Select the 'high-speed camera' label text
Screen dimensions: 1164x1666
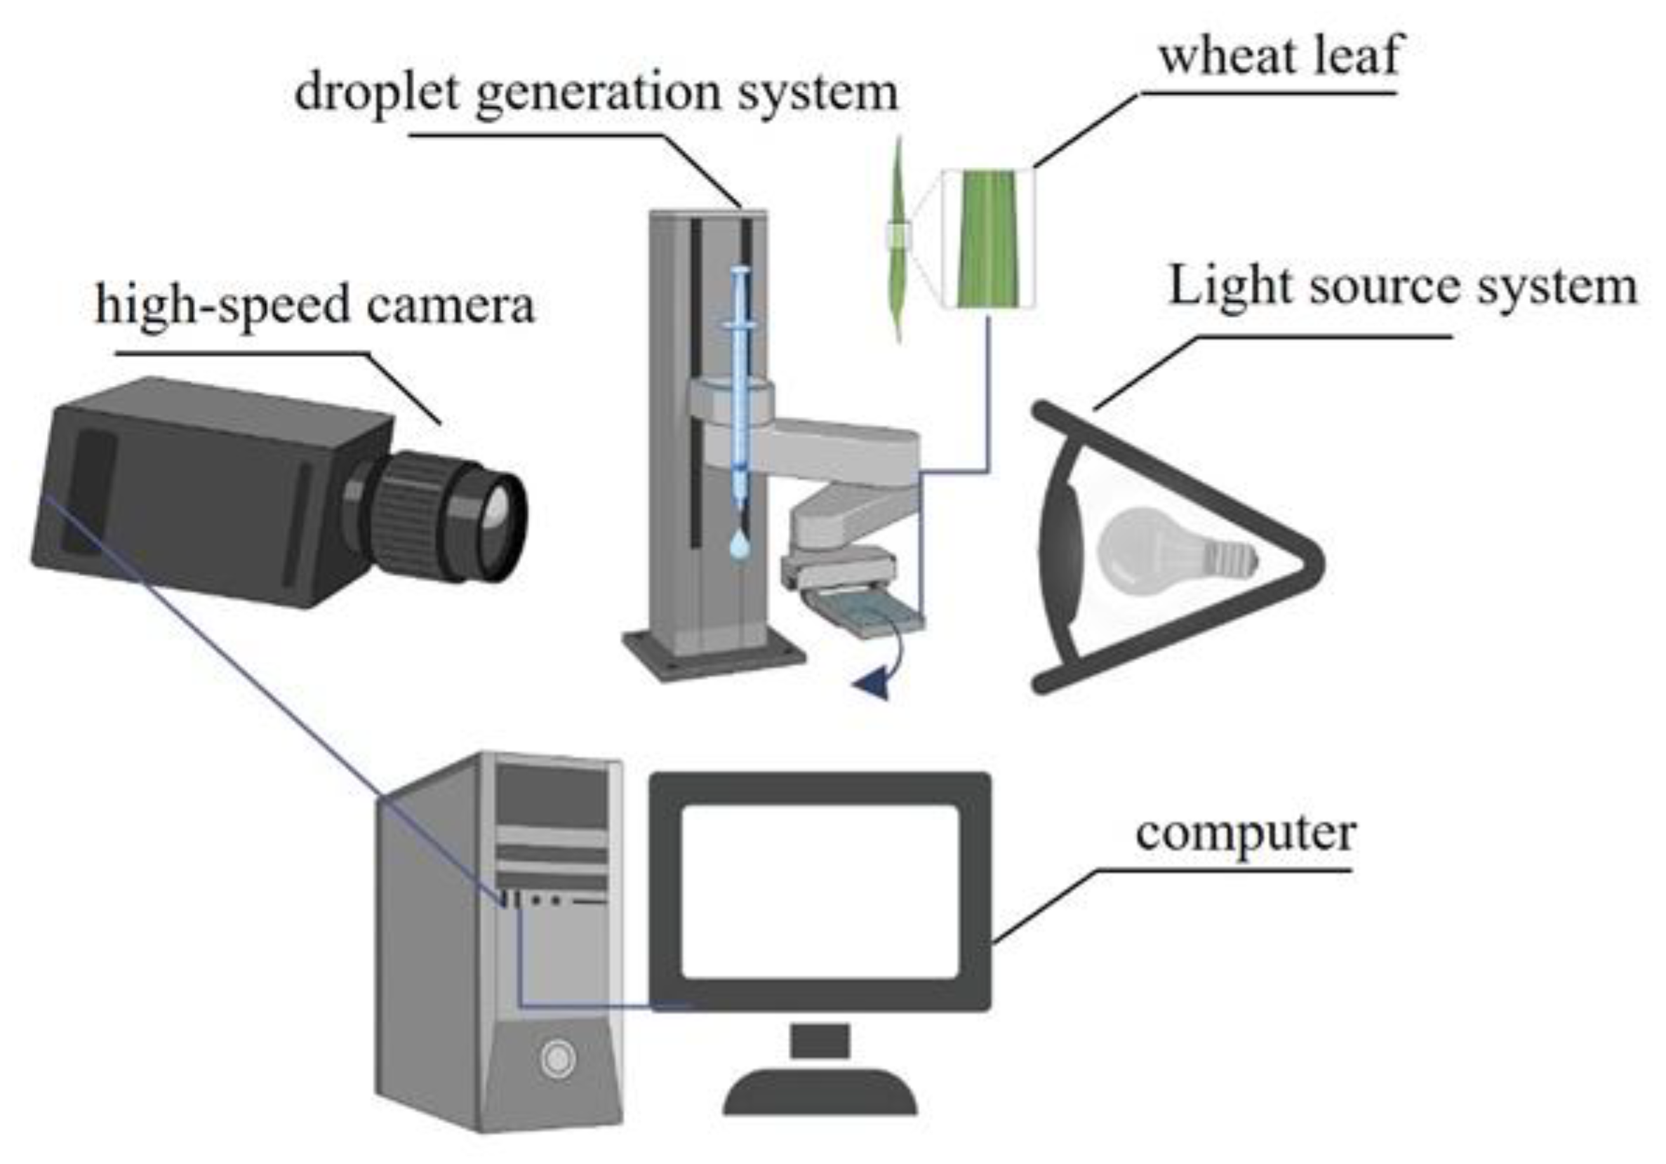point(315,305)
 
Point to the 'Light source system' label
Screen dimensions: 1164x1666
point(1403,287)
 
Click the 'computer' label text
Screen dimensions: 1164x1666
point(1245,834)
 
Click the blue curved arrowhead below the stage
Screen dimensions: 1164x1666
point(873,684)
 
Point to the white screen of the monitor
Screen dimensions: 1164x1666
point(820,892)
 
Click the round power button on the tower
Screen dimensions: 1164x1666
point(557,1059)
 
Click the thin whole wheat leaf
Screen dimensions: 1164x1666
point(899,239)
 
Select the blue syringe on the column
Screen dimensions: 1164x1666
point(740,384)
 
